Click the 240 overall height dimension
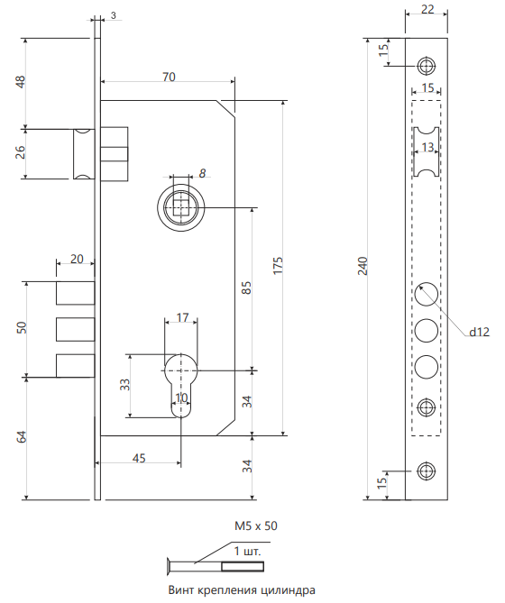click(x=363, y=266)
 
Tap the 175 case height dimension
click(x=278, y=265)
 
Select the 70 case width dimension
click(x=169, y=77)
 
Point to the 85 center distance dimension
click(x=246, y=288)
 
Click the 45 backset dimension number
click(x=139, y=458)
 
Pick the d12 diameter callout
click(x=479, y=332)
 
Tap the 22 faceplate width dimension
click(x=427, y=9)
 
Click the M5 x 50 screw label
click(x=256, y=525)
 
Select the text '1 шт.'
click(x=247, y=551)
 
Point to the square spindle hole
click(x=181, y=207)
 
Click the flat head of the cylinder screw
click(x=170, y=566)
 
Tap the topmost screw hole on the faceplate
click(x=427, y=66)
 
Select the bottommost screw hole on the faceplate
click(x=427, y=471)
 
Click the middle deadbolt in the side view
click(x=76, y=329)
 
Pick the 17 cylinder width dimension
click(x=183, y=317)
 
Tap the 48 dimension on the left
click(x=20, y=82)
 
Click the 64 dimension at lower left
click(x=23, y=437)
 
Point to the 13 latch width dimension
click(x=427, y=147)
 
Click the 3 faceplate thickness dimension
click(x=113, y=15)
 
